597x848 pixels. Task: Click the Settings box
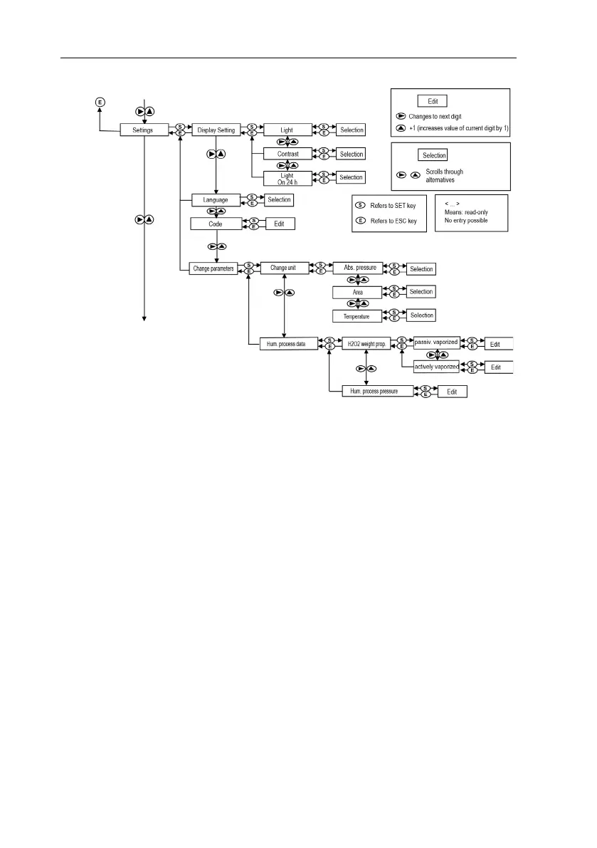[143, 130]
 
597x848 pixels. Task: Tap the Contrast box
[287, 154]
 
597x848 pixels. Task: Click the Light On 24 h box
[287, 177]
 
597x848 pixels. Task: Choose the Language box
[215, 200]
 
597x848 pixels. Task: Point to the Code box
[215, 224]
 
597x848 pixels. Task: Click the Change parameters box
[214, 268]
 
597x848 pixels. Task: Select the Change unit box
[283, 268]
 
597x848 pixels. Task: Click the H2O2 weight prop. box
[366, 343]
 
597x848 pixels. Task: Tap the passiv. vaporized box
[436, 342]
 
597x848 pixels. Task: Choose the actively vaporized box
[436, 367]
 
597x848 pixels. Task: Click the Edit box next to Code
[280, 224]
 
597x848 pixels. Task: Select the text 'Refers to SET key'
[393, 206]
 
